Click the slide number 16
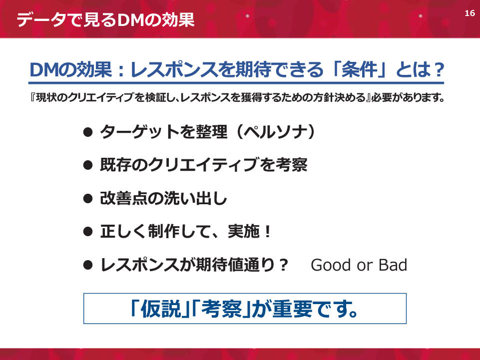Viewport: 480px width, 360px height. coord(470,13)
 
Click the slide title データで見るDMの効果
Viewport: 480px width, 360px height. coord(105,20)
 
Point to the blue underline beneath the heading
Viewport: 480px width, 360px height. coord(236,83)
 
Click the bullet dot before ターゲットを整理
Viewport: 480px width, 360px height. coord(88,132)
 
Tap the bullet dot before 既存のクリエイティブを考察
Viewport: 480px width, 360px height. coord(88,165)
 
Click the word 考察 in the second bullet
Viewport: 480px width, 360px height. coord(292,165)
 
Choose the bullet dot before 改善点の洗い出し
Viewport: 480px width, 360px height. coord(88,199)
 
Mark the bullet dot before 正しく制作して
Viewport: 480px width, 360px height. coord(88,232)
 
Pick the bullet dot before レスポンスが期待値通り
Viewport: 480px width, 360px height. coord(88,265)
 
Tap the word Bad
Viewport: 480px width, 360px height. coord(393,265)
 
